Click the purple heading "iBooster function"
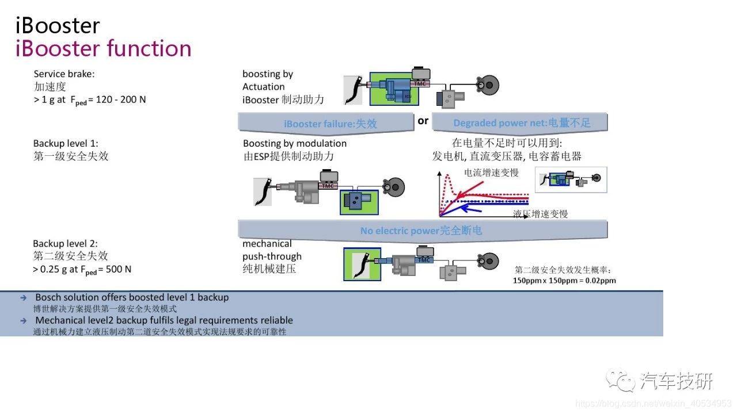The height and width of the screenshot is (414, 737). (103, 48)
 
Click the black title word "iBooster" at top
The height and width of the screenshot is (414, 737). (58, 26)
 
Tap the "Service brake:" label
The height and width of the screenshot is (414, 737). (64, 74)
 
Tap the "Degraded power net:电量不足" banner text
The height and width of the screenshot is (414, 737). (522, 123)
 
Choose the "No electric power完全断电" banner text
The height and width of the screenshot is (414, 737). (421, 231)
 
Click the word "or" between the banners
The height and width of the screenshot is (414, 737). (423, 121)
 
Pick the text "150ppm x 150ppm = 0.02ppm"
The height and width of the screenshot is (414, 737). (564, 281)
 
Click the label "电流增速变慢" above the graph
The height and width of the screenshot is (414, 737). (491, 172)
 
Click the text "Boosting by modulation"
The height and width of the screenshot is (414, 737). (295, 144)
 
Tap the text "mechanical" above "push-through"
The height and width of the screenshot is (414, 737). (267, 244)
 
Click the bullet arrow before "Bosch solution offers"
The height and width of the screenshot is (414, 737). (23, 298)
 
